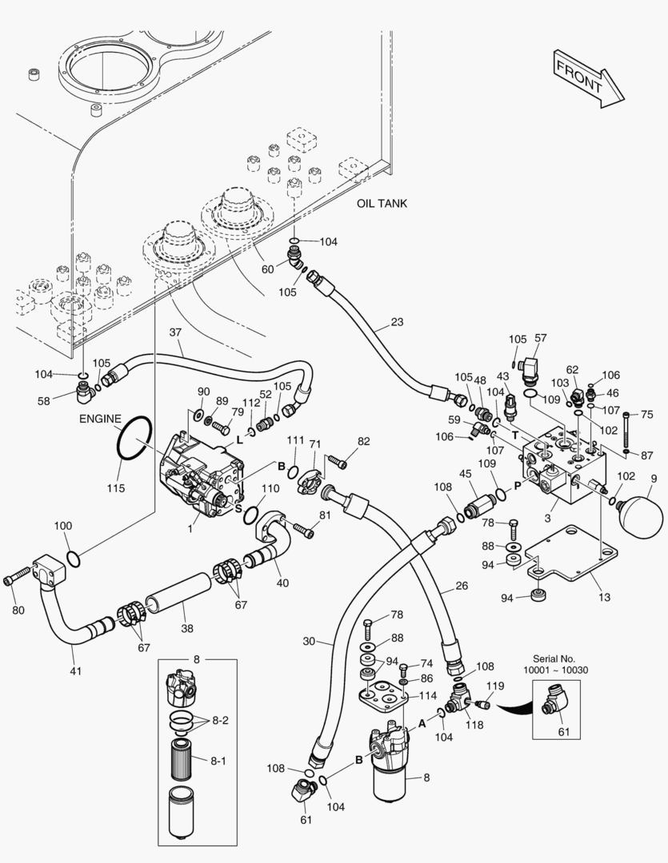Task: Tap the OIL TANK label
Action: tap(382, 204)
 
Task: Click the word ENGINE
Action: tap(100, 419)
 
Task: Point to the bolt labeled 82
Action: tap(338, 460)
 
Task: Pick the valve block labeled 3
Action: tap(560, 471)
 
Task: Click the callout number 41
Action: tap(76, 670)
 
